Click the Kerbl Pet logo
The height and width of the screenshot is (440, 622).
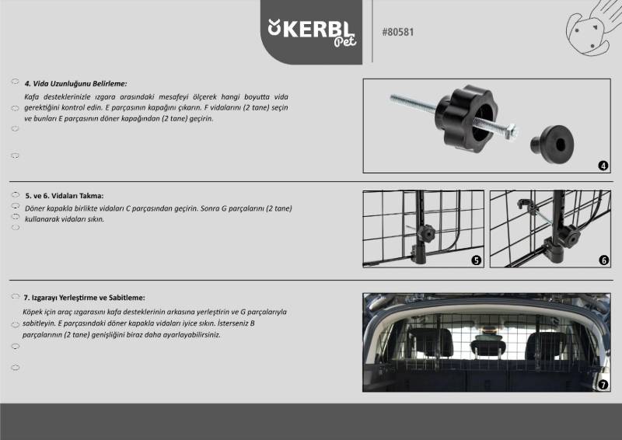pyautogui.click(x=312, y=33)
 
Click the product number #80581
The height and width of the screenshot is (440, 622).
pyautogui.click(x=398, y=32)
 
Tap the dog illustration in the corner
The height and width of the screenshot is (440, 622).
pyautogui.click(x=592, y=28)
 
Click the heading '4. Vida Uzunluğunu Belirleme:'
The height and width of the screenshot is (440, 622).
pyautogui.click(x=75, y=84)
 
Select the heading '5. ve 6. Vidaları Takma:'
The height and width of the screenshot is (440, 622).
pyautogui.click(x=65, y=196)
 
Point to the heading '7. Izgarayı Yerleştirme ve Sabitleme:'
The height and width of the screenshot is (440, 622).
pyautogui.click(x=84, y=298)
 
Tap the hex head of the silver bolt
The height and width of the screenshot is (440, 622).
pyautogui.click(x=511, y=131)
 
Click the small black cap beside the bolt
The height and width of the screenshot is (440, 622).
pyautogui.click(x=552, y=145)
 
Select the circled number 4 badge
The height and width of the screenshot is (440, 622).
pyautogui.click(x=603, y=166)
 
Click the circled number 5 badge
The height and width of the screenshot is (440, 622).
pyautogui.click(x=476, y=260)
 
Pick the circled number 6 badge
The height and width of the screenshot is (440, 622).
pyautogui.click(x=603, y=260)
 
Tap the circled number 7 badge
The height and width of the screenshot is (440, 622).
pyautogui.click(x=603, y=385)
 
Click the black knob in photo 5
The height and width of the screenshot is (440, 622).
pyautogui.click(x=428, y=233)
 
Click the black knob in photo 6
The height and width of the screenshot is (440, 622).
pyautogui.click(x=571, y=236)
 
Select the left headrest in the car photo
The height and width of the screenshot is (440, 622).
pyautogui.click(x=430, y=342)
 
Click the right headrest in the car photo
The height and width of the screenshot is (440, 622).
pyautogui.click(x=547, y=346)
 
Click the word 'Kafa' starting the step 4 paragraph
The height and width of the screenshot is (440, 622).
pyautogui.click(x=31, y=97)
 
